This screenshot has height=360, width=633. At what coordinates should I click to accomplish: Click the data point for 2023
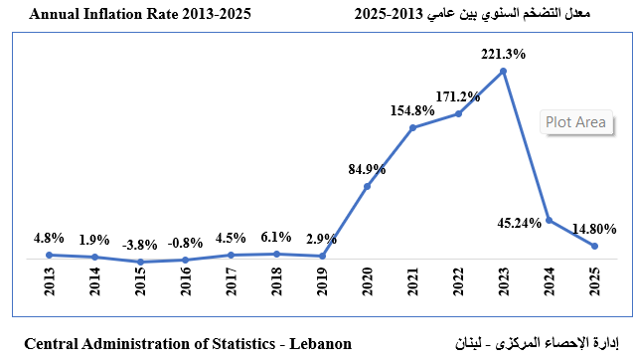pos(505,71)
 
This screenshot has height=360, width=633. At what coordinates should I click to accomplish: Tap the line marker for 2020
pos(368,186)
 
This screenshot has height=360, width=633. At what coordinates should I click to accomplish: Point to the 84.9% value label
pos(367,168)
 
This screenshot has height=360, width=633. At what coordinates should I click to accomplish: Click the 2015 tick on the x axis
pos(140,281)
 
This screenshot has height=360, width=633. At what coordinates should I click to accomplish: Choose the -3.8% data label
pos(140,244)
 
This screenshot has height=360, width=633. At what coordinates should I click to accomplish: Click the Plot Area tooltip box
pos(575,122)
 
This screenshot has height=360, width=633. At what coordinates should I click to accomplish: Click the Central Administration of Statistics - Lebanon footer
pos(188,344)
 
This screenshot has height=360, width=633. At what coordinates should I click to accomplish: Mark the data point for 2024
pos(550,221)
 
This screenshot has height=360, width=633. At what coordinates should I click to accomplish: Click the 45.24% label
pos(520,222)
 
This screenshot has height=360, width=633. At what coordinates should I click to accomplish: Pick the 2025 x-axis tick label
pos(594,281)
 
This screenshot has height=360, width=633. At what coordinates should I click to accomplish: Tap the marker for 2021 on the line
pos(413,127)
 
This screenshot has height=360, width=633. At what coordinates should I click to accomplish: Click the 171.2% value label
pos(458,96)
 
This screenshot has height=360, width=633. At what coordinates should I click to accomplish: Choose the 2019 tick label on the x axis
pos(322,281)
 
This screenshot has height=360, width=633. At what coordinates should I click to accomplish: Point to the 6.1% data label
pos(276,237)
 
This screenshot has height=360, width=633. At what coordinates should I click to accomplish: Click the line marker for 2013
pos(50,255)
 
